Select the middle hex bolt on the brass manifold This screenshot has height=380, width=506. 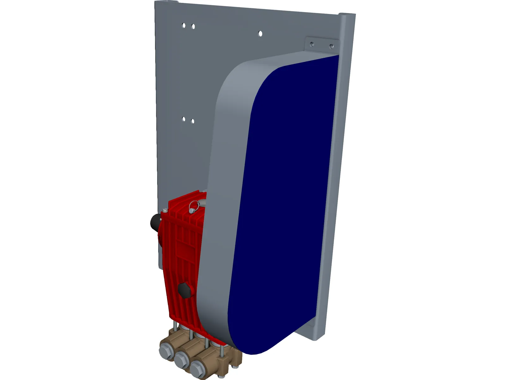(x=182, y=359)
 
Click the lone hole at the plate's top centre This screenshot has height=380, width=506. (x=260, y=34)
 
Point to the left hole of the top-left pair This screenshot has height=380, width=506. (x=183, y=25)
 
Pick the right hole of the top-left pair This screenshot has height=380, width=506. (x=193, y=27)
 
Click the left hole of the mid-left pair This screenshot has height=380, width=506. (x=183, y=119)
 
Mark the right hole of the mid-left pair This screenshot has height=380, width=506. (x=193, y=121)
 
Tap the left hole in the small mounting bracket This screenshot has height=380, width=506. (x=312, y=44)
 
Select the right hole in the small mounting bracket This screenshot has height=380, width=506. (x=331, y=47)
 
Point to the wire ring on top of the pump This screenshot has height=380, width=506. (x=194, y=207)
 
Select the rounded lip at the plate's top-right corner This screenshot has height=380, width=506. (x=347, y=16)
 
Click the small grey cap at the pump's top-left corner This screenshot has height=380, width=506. (x=165, y=210)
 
